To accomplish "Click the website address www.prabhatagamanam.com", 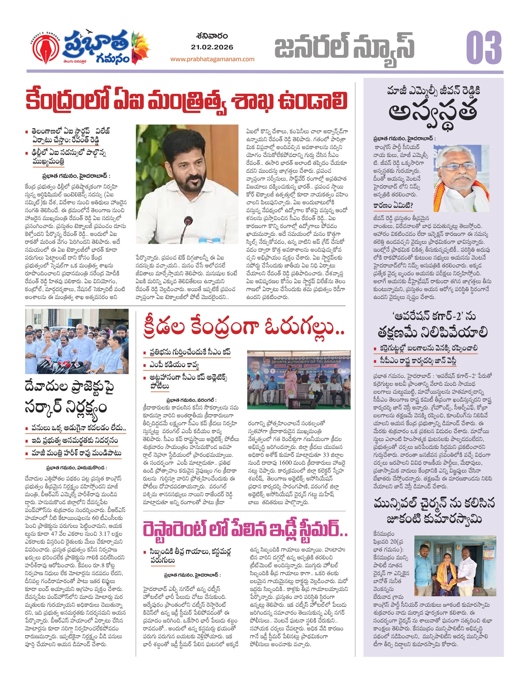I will [x=212, y=59].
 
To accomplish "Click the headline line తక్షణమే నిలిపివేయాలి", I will [x=433, y=332].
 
